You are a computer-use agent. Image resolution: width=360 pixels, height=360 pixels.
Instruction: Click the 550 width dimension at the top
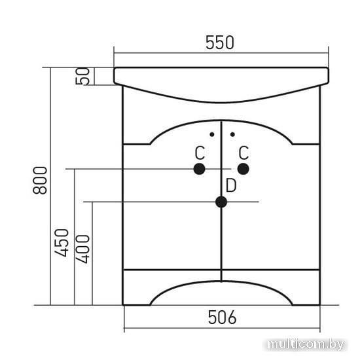pos(220,43)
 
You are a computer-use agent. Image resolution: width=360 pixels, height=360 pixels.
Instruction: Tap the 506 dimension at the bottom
pos(222,317)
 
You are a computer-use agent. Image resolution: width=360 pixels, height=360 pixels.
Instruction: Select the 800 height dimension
pos(40,181)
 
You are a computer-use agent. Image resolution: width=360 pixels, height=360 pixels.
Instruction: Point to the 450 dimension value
pos(62,243)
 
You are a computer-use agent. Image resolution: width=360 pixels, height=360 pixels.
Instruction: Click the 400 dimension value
pos(82,249)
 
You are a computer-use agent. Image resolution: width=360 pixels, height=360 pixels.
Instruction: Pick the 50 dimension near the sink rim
pos(82,76)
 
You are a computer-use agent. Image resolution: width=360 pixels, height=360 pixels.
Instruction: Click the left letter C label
pos(200,153)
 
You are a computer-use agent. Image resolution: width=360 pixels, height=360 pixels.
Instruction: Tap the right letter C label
pos(243,153)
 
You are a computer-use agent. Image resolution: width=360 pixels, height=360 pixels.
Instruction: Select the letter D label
pos(231,186)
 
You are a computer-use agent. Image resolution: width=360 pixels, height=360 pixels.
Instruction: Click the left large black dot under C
pos(199,170)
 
